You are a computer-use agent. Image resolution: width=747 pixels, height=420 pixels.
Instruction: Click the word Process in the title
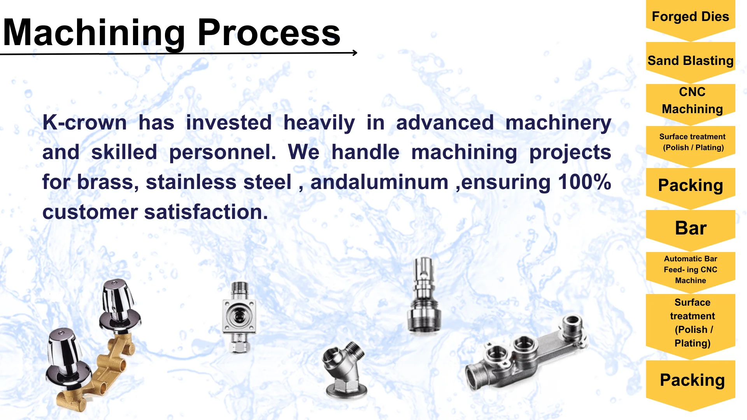pyautogui.click(x=269, y=33)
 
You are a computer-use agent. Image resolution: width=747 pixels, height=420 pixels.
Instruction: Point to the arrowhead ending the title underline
pyautogui.click(x=355, y=52)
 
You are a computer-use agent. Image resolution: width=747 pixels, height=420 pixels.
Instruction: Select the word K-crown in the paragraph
pyautogui.click(x=84, y=123)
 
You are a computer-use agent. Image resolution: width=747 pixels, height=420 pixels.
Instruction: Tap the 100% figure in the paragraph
pyautogui.click(x=584, y=182)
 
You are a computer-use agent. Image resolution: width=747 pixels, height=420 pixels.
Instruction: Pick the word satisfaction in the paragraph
pyautogui.click(x=206, y=212)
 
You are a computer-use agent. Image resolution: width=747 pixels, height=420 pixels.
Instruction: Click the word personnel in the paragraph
pyautogui.click(x=223, y=152)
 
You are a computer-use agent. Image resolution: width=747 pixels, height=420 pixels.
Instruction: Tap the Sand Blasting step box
pyautogui.click(x=691, y=62)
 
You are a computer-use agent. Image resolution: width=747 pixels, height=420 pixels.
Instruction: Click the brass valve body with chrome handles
pyautogui.click(x=93, y=346)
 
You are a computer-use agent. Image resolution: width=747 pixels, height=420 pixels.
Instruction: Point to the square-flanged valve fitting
pyautogui.click(x=239, y=317)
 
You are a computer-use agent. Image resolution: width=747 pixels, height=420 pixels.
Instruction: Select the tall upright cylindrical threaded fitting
pyautogui.click(x=424, y=296)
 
